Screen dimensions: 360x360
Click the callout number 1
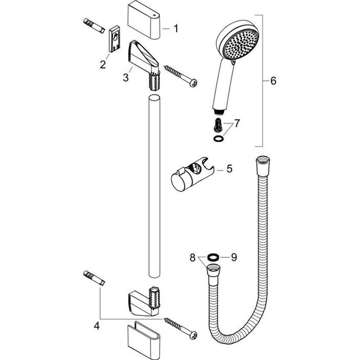(176, 29)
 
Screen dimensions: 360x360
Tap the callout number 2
(103, 64)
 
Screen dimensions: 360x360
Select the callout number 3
(126, 77)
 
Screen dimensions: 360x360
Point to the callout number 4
(97, 326)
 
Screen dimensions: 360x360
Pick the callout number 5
(229, 169)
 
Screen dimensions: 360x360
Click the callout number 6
(273, 81)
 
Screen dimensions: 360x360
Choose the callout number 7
(237, 123)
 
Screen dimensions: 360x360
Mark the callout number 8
(193, 257)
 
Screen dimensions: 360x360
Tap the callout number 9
(234, 257)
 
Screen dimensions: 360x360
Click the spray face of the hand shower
(241, 44)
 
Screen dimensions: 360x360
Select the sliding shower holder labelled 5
(193, 174)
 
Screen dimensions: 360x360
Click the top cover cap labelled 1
(144, 22)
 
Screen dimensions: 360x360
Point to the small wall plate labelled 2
(114, 39)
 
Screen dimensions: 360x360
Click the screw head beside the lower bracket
(193, 335)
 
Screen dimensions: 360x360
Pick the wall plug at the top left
(94, 26)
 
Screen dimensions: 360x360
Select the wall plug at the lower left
(94, 278)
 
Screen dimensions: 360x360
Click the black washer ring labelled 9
(212, 257)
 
